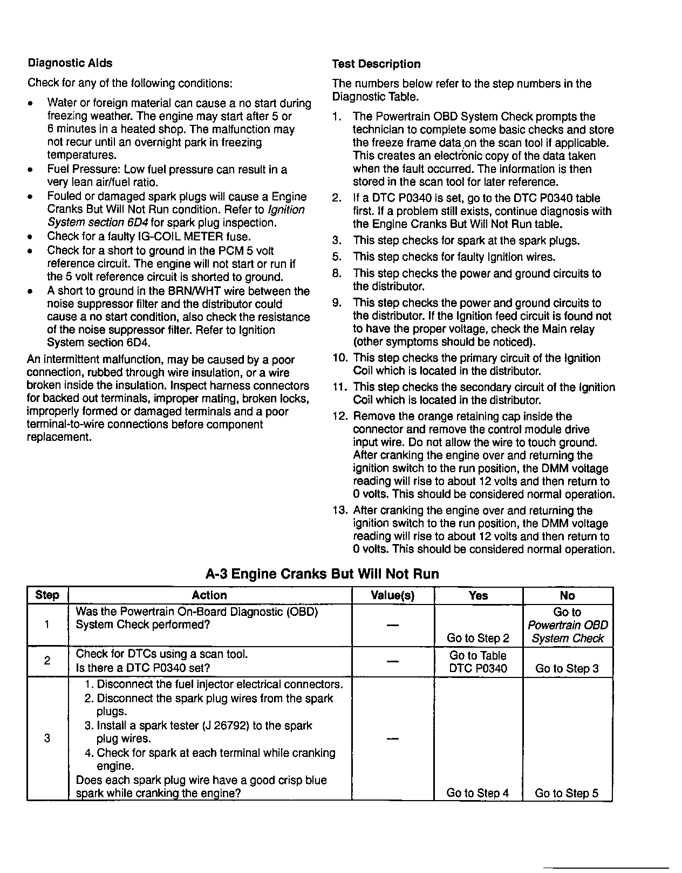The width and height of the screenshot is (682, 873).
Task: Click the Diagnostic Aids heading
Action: click(x=70, y=63)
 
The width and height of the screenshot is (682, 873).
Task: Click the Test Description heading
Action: click(x=376, y=64)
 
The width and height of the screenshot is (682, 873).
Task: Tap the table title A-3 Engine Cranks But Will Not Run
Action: click(x=322, y=574)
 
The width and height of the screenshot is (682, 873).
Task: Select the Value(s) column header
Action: click(x=393, y=595)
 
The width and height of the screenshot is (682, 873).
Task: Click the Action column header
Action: click(x=209, y=595)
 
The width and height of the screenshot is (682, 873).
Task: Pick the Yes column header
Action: click(x=478, y=595)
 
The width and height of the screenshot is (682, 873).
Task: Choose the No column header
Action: click(x=567, y=595)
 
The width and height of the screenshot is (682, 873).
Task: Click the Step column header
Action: click(x=47, y=595)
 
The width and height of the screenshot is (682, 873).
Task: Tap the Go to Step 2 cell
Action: click(x=478, y=638)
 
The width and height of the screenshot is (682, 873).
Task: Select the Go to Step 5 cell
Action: click(x=567, y=793)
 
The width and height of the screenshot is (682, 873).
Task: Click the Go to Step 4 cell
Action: click(x=478, y=793)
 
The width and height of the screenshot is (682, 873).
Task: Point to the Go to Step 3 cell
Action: click(x=567, y=668)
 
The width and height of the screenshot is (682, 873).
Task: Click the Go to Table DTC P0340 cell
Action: click(x=478, y=662)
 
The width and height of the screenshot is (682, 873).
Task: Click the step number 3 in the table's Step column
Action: click(x=47, y=738)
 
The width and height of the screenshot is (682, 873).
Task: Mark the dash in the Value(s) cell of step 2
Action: click(x=393, y=661)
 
